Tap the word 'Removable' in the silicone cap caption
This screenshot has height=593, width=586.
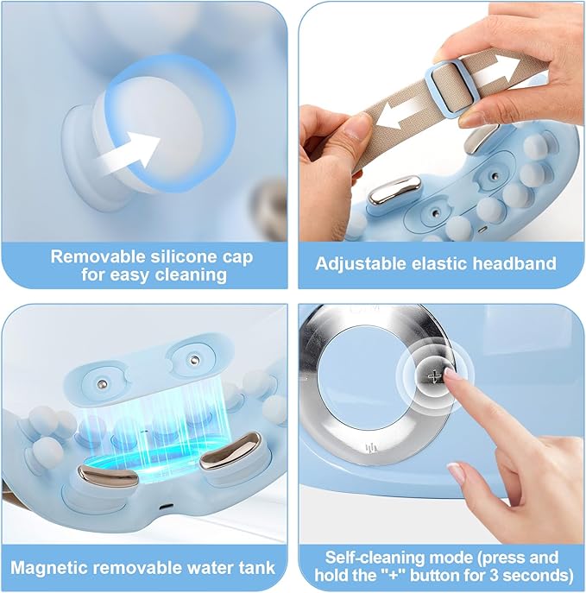[98, 256]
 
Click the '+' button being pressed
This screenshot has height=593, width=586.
[435, 376]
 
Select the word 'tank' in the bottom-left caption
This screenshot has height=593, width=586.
[258, 568]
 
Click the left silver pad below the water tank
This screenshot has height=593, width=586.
[108, 476]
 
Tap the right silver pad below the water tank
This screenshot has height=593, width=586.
[230, 451]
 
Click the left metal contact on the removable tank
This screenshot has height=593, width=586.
[102, 385]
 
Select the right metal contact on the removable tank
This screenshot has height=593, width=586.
[194, 358]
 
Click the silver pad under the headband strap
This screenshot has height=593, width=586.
[394, 189]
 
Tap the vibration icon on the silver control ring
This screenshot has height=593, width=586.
[372, 449]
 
